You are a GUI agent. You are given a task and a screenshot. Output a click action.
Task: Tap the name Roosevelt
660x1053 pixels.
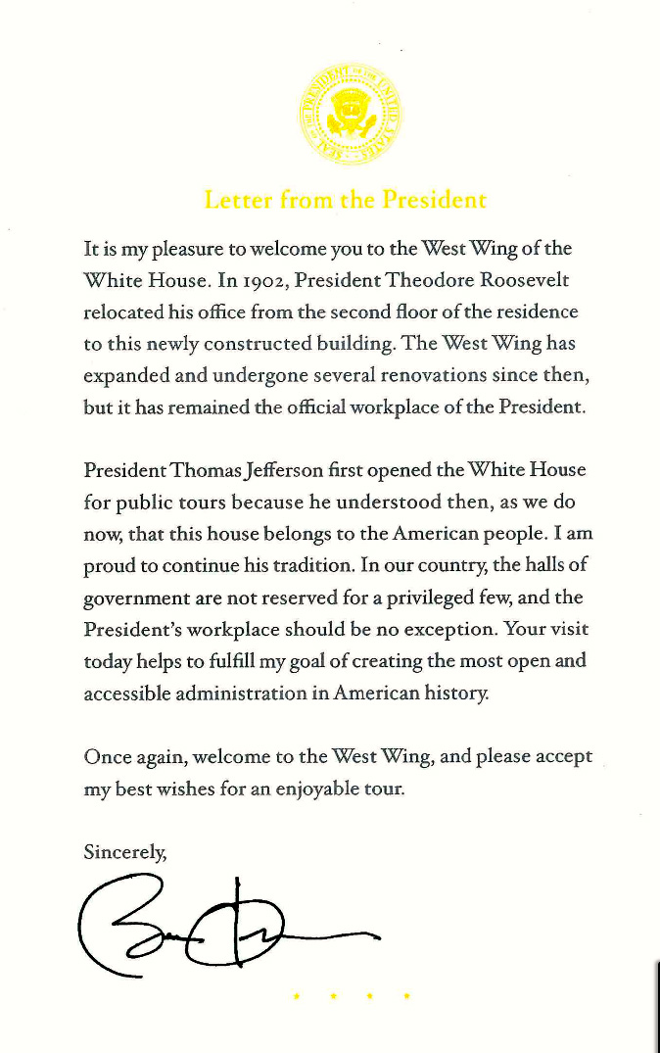click(x=525, y=280)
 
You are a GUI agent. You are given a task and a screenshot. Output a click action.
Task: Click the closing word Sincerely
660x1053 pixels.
click(x=126, y=851)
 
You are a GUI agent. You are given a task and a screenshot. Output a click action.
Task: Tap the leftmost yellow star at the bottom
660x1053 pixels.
click(x=296, y=997)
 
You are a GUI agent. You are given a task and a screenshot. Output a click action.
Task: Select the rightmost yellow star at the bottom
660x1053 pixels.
click(x=405, y=997)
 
